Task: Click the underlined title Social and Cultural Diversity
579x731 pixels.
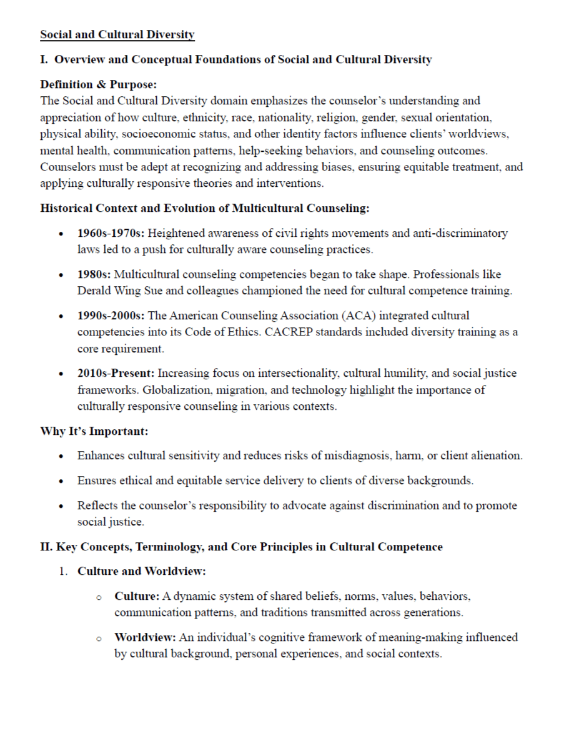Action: click(117, 35)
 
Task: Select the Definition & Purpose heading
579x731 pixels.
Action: click(98, 84)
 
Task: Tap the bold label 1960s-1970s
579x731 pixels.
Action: click(111, 234)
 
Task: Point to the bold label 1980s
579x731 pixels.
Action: click(94, 274)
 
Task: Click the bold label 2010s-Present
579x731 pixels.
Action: click(116, 374)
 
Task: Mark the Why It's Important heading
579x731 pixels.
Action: click(94, 431)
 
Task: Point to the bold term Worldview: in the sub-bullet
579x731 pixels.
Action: click(145, 638)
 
